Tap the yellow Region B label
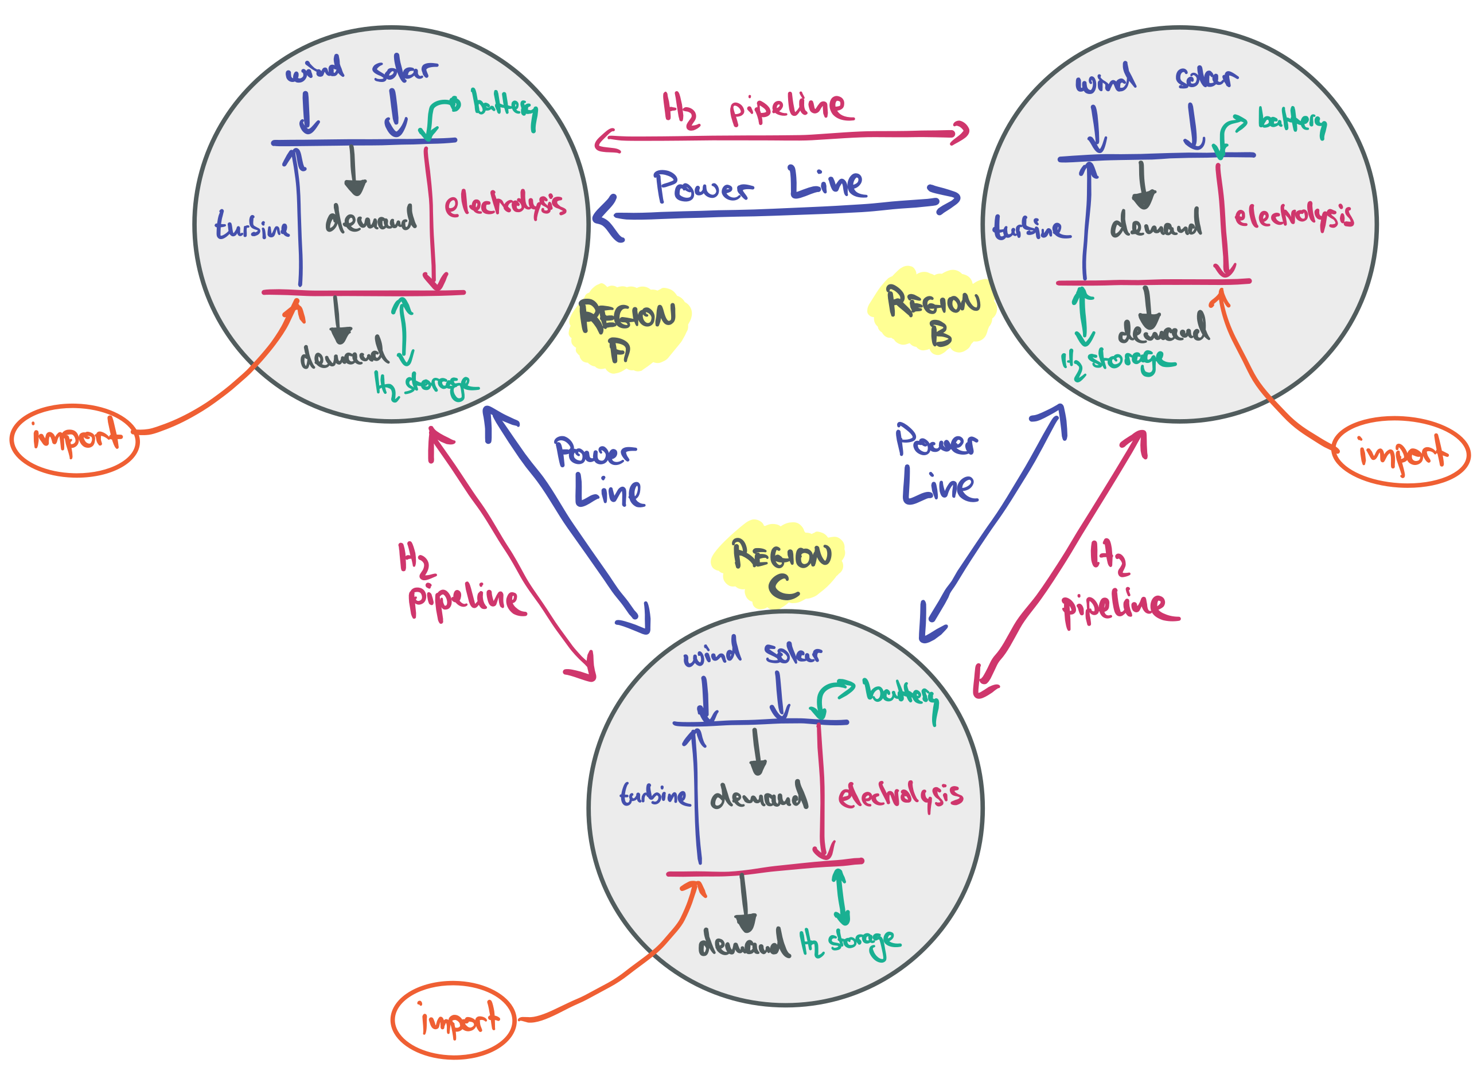(x=933, y=312)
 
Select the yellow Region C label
(x=780, y=565)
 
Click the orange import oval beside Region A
(x=75, y=439)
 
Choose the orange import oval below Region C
(x=454, y=1019)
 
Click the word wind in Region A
(x=315, y=70)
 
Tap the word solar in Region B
(x=1206, y=79)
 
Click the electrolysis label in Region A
(x=504, y=204)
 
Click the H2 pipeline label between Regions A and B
(x=758, y=110)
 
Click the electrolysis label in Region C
(x=900, y=796)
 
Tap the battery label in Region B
(x=1292, y=122)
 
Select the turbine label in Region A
(x=252, y=226)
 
